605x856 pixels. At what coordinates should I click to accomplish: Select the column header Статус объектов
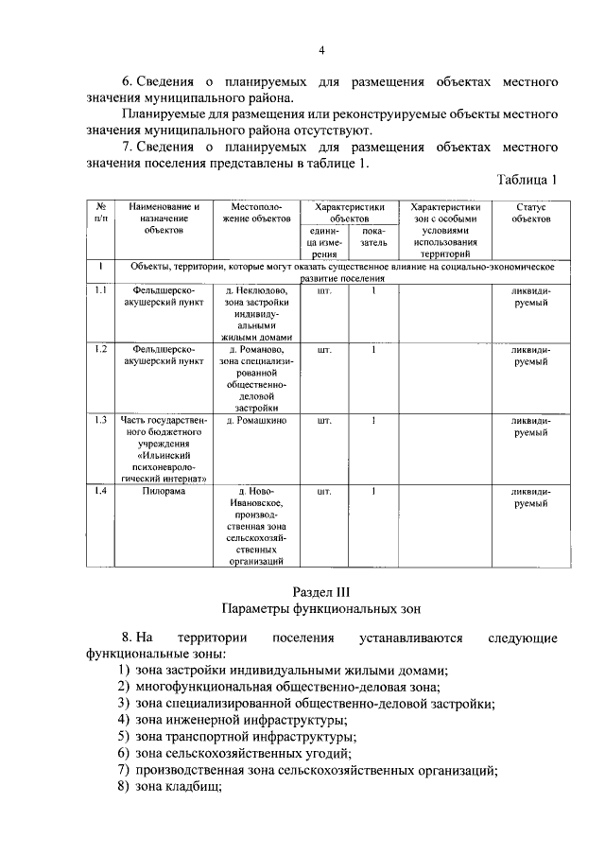[x=530, y=213]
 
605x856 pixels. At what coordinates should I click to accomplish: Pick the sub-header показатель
[x=373, y=236]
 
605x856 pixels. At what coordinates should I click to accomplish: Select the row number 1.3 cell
[x=100, y=420]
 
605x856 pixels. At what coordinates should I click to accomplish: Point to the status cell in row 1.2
[x=530, y=356]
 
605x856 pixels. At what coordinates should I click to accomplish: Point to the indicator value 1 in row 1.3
[x=373, y=420]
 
